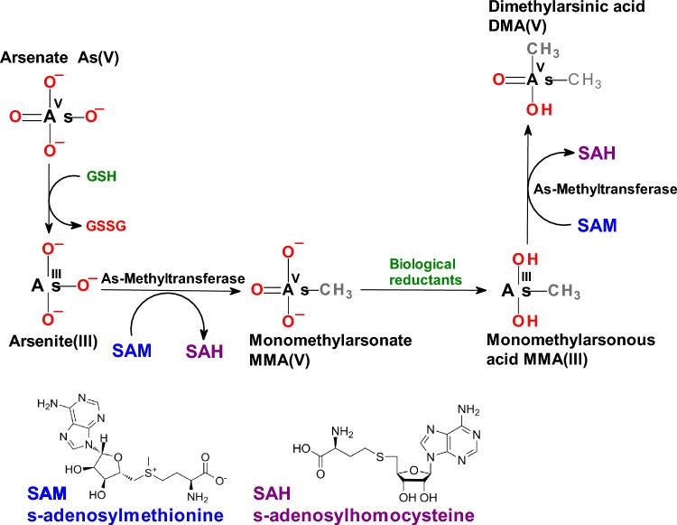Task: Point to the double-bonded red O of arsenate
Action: click(14, 116)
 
